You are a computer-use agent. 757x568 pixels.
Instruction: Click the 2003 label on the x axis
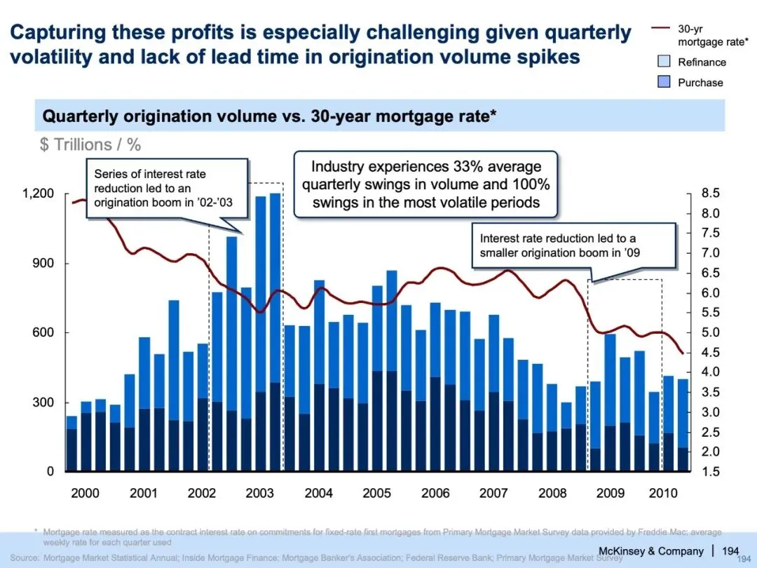260,493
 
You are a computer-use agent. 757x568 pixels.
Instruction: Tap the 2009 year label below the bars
611,493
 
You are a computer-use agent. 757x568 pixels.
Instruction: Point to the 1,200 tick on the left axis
39,194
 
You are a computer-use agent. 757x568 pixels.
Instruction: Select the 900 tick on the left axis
45,264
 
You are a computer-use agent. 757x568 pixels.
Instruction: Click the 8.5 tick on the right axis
709,193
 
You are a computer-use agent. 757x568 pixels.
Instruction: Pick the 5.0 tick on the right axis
709,332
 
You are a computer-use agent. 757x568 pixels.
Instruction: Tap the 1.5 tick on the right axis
709,471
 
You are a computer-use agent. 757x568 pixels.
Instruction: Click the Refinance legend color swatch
663,62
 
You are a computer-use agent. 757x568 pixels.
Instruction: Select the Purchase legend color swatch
663,82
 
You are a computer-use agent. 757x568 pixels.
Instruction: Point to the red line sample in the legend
662,29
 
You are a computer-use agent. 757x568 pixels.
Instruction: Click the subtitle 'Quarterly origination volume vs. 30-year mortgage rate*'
270,116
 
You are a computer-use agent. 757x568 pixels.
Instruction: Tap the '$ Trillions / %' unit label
90,144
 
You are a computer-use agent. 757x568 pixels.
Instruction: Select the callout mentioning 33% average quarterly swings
425,184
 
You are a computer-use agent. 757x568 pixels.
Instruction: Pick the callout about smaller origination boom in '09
573,245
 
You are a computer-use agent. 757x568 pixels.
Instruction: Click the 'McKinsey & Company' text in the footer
650,550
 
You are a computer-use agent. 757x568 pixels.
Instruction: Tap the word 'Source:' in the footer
25,558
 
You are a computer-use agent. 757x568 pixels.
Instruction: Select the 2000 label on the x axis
86,493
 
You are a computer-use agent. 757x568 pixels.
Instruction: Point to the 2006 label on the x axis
435,493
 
